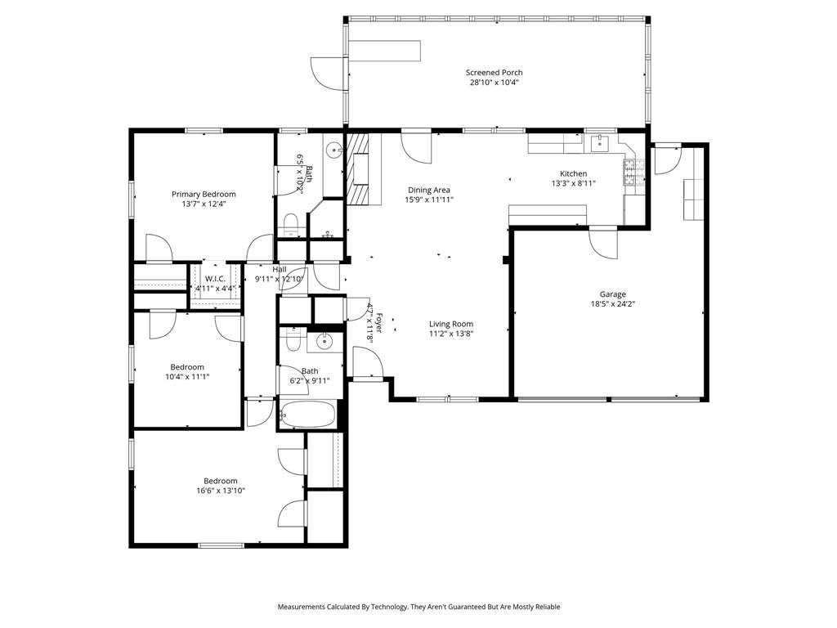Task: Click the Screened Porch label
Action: [x=494, y=73]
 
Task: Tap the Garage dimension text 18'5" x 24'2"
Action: [x=612, y=304]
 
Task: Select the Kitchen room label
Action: [x=573, y=173]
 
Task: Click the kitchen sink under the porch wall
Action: [x=600, y=144]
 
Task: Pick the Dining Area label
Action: [x=429, y=190]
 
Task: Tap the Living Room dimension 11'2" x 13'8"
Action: [x=451, y=334]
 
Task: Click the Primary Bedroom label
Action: [x=204, y=194]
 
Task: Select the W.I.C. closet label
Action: [x=215, y=279]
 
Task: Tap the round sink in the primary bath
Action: [x=334, y=150]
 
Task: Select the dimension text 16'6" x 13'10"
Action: [x=221, y=491]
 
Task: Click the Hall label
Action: [x=280, y=269]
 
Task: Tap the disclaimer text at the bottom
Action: [x=418, y=607]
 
